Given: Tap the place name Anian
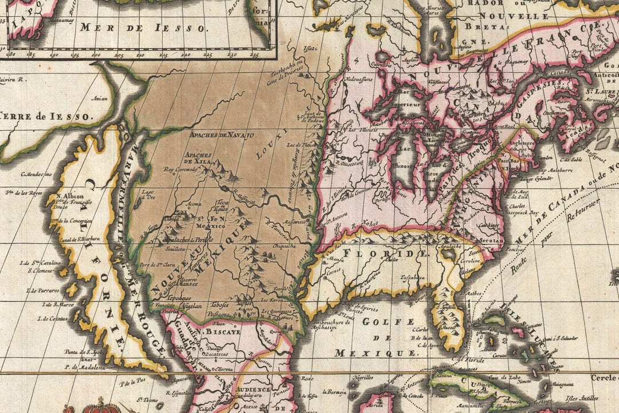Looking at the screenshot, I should (101, 98).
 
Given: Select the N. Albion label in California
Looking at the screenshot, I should (66, 196).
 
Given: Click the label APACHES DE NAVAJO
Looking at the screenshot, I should (214, 135).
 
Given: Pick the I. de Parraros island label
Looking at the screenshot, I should (42, 291).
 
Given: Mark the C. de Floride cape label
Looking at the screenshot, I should (467, 360).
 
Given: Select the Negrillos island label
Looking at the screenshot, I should (363, 377).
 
